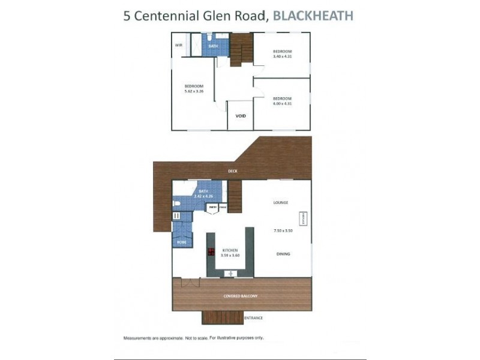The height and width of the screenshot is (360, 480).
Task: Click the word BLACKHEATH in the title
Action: (x=313, y=16)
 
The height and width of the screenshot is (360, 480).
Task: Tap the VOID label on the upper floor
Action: (x=240, y=115)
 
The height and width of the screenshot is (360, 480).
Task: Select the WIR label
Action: (x=178, y=45)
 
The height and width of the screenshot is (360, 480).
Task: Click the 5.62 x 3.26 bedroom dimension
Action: (x=194, y=92)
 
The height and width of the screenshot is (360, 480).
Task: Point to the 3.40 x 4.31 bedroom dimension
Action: (x=281, y=57)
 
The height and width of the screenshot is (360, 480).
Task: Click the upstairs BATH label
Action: (x=212, y=46)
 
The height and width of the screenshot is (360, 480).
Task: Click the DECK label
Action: (x=233, y=171)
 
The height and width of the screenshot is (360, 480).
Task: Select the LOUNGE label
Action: (x=281, y=203)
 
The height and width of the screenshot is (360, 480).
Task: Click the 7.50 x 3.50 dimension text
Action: (x=282, y=230)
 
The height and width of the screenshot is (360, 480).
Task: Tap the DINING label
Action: (x=283, y=254)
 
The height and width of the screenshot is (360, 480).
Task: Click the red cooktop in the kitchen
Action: (x=211, y=253)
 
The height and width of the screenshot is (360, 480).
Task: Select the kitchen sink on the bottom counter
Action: (x=229, y=273)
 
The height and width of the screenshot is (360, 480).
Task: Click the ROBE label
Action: (x=181, y=242)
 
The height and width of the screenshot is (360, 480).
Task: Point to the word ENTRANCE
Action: (x=253, y=318)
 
